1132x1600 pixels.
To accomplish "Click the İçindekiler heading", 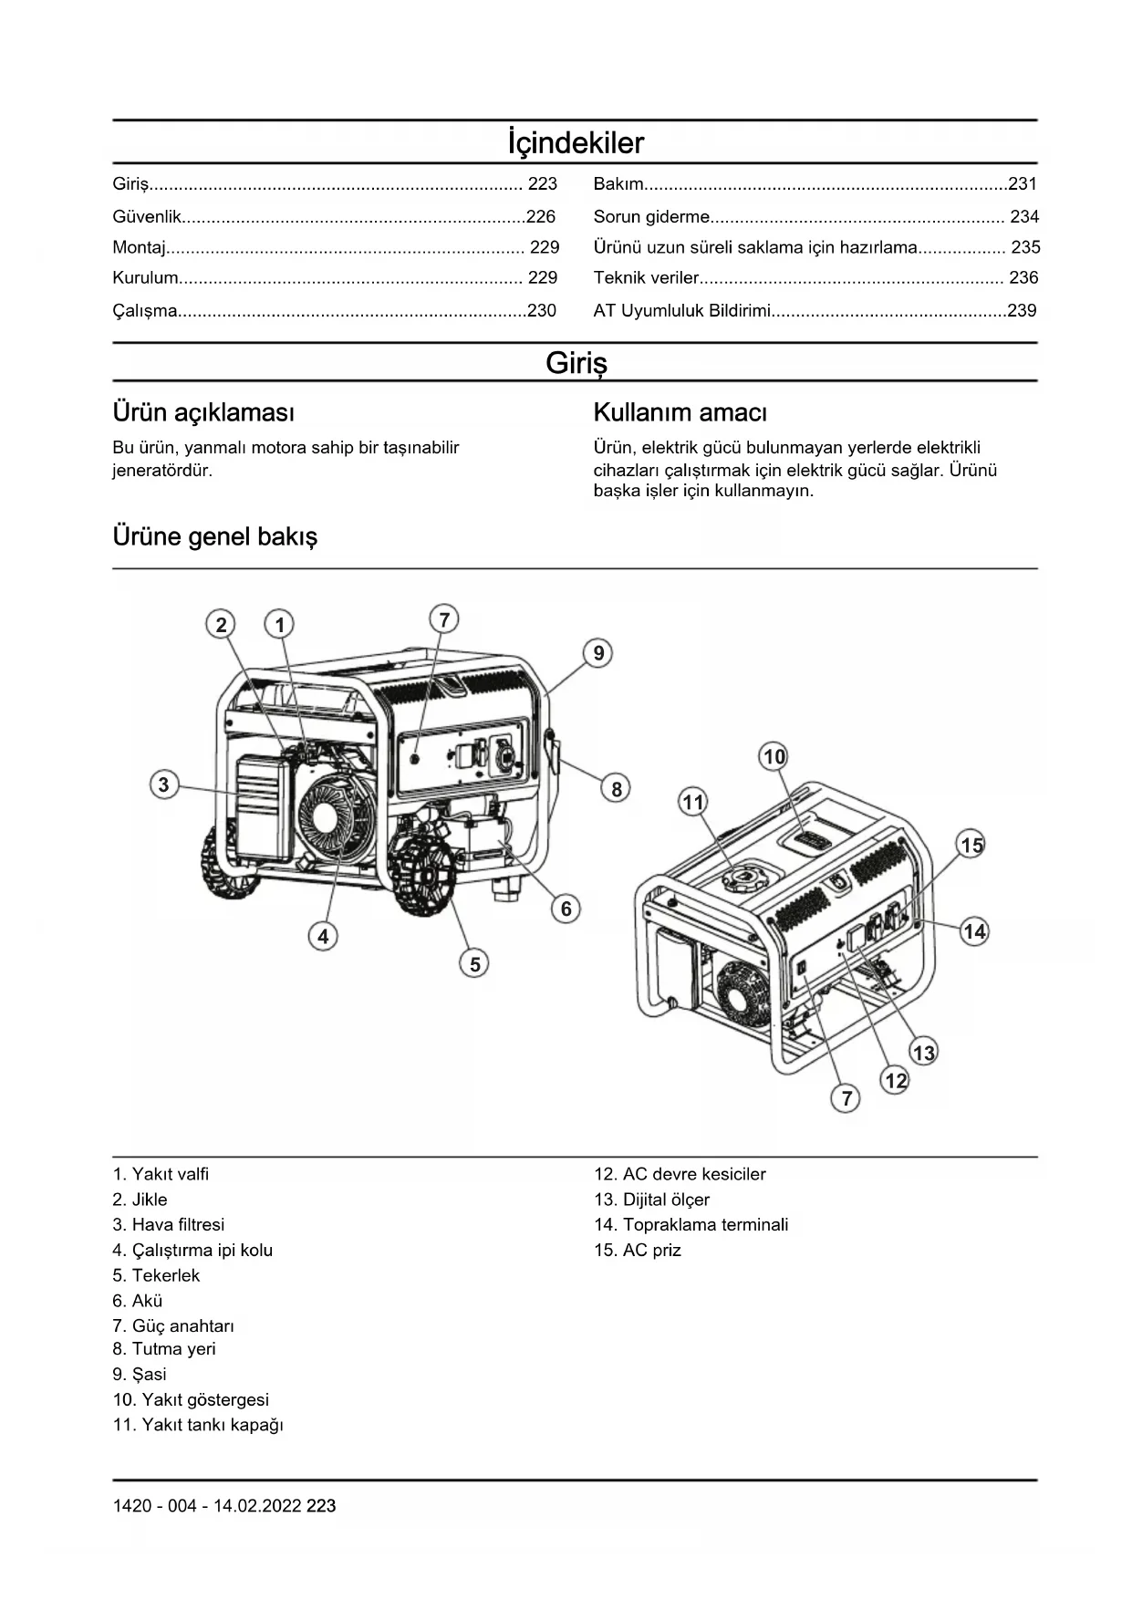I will pos(576,143).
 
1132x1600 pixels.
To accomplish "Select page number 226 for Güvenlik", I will pos(541,216).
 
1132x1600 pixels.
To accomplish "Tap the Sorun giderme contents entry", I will pos(651,216).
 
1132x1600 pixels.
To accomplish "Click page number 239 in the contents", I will pos(1022,310).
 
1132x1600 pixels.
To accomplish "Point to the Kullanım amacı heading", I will pos(680,412).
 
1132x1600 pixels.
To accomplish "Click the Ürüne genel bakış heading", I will pos(215,536).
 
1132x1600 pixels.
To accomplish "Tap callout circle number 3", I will pos(163,784).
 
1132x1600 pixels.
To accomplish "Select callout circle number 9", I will pos(598,653).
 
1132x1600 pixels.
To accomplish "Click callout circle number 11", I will pos(693,802).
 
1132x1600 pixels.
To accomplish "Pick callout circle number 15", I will pos(971,845).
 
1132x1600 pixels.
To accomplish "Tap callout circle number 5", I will pos(474,963).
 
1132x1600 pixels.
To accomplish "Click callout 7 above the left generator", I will pos(444,620).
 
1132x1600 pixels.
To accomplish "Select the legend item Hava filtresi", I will pos(169,1224).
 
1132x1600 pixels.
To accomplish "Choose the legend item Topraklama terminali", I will pos(691,1224).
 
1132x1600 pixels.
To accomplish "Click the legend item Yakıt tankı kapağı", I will pos(198,1425).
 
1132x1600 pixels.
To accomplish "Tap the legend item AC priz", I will pos(638,1250).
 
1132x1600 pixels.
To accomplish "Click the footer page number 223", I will pos(321,1506).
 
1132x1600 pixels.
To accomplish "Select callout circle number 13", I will pos(924,1053).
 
